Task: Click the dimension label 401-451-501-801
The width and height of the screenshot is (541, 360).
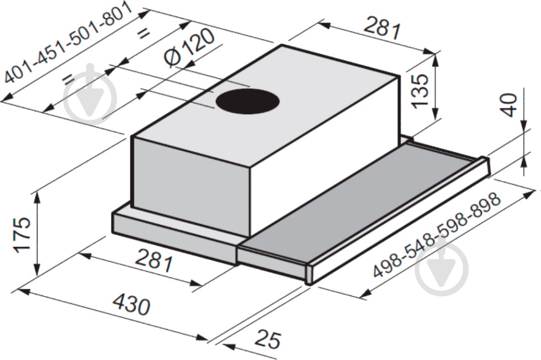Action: pyautogui.click(x=67, y=43)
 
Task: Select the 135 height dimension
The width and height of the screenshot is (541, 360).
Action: pyautogui.click(x=420, y=91)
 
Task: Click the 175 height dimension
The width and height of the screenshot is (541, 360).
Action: pyautogui.click(x=22, y=235)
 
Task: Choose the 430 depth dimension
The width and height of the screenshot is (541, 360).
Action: pyautogui.click(x=132, y=304)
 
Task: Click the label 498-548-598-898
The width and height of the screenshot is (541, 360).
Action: pyautogui.click(x=437, y=235)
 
